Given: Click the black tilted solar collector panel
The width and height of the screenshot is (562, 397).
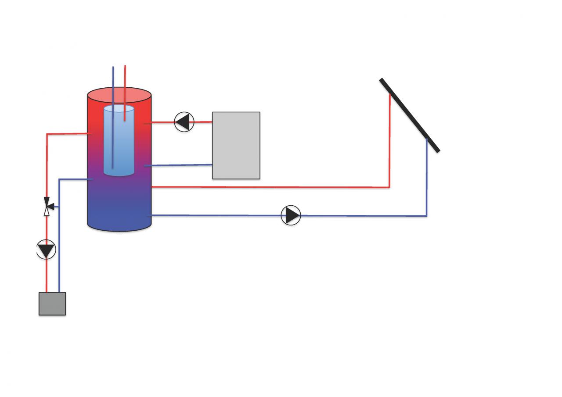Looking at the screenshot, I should coord(409,115).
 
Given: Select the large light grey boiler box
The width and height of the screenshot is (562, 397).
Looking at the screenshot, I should coord(236,145).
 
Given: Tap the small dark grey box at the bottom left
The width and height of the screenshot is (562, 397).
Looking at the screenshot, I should coord(52,304).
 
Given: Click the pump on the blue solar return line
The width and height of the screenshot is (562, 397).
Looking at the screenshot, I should coord(291,215).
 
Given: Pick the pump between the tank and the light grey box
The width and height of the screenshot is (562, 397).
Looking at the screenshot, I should coord(184,122).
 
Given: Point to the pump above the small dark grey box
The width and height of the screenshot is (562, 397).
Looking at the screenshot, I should coord(46,250).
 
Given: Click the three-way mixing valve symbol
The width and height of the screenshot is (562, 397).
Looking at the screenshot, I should coord(47,206).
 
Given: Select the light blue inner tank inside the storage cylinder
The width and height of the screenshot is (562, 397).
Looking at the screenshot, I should coord(119,140).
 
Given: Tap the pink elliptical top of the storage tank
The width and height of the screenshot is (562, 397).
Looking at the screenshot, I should coord(119,94).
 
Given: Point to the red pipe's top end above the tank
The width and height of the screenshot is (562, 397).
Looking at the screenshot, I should coord(125,67).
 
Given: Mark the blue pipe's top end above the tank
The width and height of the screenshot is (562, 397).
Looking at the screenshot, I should coord(113,68).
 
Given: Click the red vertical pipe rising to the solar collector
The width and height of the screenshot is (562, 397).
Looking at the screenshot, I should coord(390,140).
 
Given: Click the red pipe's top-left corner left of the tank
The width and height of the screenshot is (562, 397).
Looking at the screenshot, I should coord(47,134).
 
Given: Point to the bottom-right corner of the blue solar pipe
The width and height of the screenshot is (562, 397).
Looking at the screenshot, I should coord(426,216).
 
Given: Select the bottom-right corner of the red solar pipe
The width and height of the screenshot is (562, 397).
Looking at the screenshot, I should coord(389,187).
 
